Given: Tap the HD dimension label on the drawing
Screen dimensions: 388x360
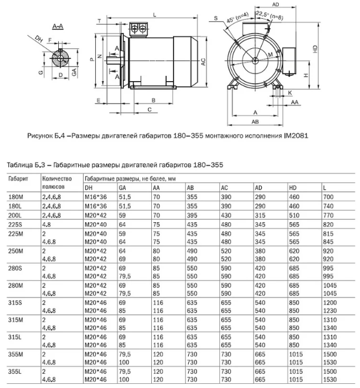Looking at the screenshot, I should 315,50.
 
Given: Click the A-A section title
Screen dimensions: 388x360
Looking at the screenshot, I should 58,27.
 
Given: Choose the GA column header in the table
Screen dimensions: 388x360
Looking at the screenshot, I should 123,186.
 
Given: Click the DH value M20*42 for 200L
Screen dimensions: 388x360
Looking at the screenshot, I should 95,216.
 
